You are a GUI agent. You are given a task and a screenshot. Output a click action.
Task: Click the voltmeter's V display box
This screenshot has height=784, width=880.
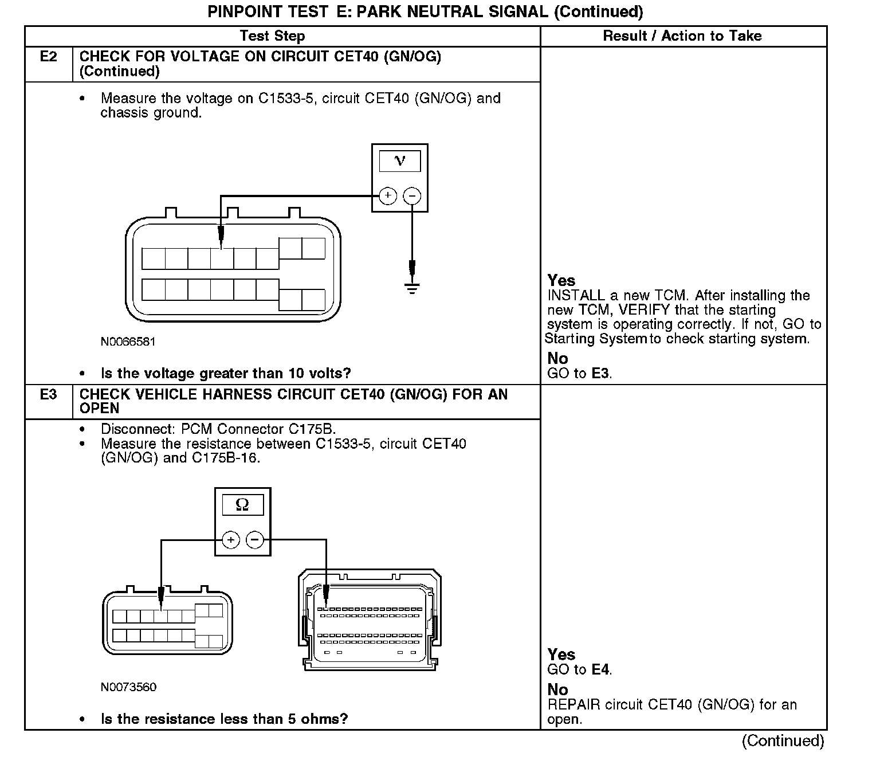point(399,161)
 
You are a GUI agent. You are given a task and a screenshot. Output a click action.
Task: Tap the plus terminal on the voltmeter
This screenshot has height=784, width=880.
point(388,196)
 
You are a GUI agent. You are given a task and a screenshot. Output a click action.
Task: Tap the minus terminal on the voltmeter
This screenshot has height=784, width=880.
point(412,196)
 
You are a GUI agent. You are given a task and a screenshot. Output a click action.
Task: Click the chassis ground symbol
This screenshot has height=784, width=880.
point(412,287)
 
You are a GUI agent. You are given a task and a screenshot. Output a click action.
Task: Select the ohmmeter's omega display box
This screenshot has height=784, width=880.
point(242,505)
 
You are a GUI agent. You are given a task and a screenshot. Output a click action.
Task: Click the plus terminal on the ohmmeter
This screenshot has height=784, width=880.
point(230,540)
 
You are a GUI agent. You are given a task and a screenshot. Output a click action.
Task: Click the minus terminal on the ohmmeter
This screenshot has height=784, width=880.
point(255,540)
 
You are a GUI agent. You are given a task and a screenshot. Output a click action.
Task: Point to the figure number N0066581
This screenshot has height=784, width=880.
point(128,342)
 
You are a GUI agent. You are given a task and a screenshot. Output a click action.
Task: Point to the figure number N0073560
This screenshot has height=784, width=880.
point(128,687)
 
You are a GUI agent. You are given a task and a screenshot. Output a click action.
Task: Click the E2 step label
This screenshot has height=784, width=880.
point(49,57)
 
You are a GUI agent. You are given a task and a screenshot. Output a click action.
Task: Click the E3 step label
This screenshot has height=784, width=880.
point(49,394)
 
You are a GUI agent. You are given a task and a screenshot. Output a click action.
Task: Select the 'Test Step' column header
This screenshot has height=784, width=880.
point(272,36)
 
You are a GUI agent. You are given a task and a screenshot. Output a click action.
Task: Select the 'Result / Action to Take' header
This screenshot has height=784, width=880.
point(682,36)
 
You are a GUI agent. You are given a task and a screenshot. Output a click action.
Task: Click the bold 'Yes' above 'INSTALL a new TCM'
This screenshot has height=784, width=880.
point(561,280)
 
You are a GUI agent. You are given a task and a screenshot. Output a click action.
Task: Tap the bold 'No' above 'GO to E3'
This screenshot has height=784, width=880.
point(557,359)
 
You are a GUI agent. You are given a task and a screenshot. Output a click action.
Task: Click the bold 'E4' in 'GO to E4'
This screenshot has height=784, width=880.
point(600,669)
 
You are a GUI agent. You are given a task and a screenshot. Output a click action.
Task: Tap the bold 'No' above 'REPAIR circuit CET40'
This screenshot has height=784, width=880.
point(557,689)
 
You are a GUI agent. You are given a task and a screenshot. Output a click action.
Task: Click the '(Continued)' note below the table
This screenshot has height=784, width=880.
point(783,741)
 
